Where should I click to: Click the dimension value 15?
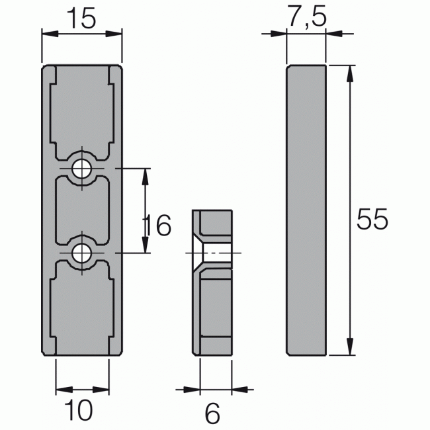pyautogui.click(x=81, y=20)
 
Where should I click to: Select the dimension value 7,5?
pyautogui.click(x=307, y=18)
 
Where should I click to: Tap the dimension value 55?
pyautogui.click(x=370, y=220)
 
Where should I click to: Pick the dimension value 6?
pyautogui.click(x=212, y=414)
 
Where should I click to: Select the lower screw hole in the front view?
pyautogui.click(x=83, y=252)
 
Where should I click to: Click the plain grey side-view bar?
pyautogui.click(x=306, y=210)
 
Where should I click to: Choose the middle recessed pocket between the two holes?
pyautogui.click(x=83, y=210)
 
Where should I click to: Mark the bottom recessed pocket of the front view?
pyautogui.click(x=83, y=308)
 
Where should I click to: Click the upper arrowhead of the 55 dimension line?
pyautogui.click(x=348, y=71)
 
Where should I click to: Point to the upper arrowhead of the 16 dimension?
pyautogui.click(x=145, y=173)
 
